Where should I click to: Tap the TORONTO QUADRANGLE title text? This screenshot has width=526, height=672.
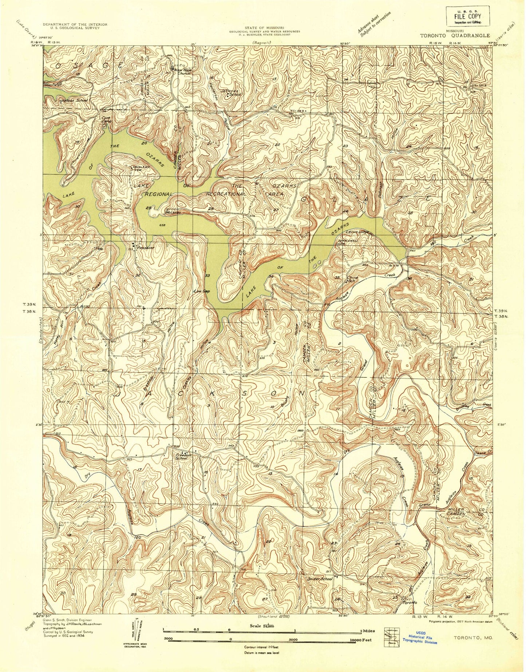455,36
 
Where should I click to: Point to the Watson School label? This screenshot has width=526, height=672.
74,100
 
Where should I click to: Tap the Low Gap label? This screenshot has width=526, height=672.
201,291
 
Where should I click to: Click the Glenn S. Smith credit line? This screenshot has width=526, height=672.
67,620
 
